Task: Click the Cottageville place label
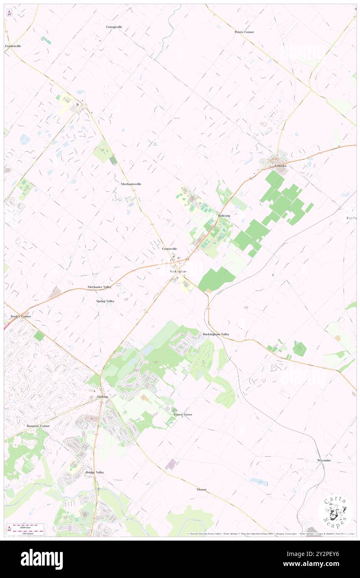coord(114,27)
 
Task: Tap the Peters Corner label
coord(244,32)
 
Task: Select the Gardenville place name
coord(13,46)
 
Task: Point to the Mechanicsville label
coord(131,184)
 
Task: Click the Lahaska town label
coord(281,166)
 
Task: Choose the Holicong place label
coord(224,216)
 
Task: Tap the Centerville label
coord(170,249)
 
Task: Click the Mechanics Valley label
coord(99,287)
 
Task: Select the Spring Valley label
coord(105,301)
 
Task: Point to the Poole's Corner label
coord(20,316)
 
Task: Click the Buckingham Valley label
coord(216,334)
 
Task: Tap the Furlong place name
coord(102,397)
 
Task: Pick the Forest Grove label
coord(183,415)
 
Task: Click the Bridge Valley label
coord(95,473)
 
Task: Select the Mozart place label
coord(202,490)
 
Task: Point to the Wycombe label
coord(324,461)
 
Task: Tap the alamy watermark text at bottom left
coord(42,559)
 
